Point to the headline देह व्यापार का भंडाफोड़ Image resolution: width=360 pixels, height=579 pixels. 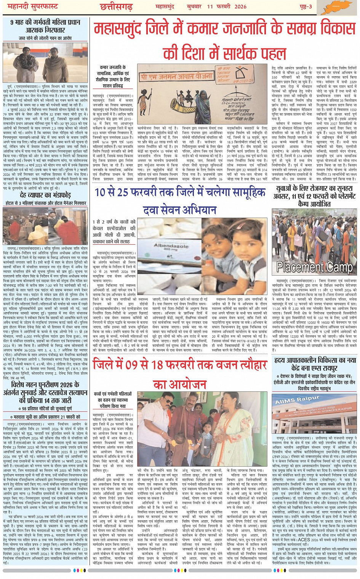click(x=46, y=196)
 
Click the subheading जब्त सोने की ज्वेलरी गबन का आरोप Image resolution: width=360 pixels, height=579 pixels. click(x=45, y=37)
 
